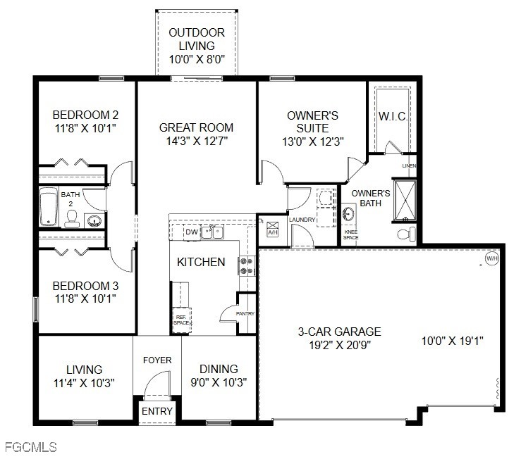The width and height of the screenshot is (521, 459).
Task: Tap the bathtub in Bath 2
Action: point(49,206)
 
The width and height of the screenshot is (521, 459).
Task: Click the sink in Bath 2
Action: point(94,221)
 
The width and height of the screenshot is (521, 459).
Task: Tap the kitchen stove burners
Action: point(247,265)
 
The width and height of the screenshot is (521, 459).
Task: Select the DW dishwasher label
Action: point(191,232)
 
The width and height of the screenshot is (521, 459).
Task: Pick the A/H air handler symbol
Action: point(273,229)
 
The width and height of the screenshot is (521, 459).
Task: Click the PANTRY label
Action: point(245,314)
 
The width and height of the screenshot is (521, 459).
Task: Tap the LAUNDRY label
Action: point(302,220)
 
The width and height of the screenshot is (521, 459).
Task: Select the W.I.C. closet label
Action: point(393,116)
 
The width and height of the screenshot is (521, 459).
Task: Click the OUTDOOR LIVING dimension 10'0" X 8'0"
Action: point(197,60)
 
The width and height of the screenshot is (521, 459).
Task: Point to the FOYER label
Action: point(157,360)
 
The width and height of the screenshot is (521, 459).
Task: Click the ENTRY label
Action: point(157,411)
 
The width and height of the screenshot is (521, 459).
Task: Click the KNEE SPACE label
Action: point(350,235)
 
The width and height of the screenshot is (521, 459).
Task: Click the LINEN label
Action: point(409,166)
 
